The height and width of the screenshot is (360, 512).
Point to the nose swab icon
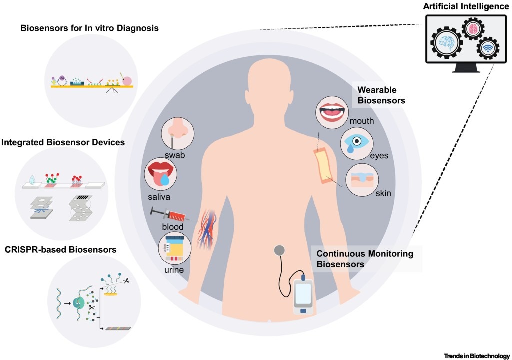[178, 132]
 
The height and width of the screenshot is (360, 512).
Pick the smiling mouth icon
[333, 111]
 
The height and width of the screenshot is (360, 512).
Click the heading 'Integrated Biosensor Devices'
[63, 143]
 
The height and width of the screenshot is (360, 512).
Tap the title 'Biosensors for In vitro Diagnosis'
[90, 28]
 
